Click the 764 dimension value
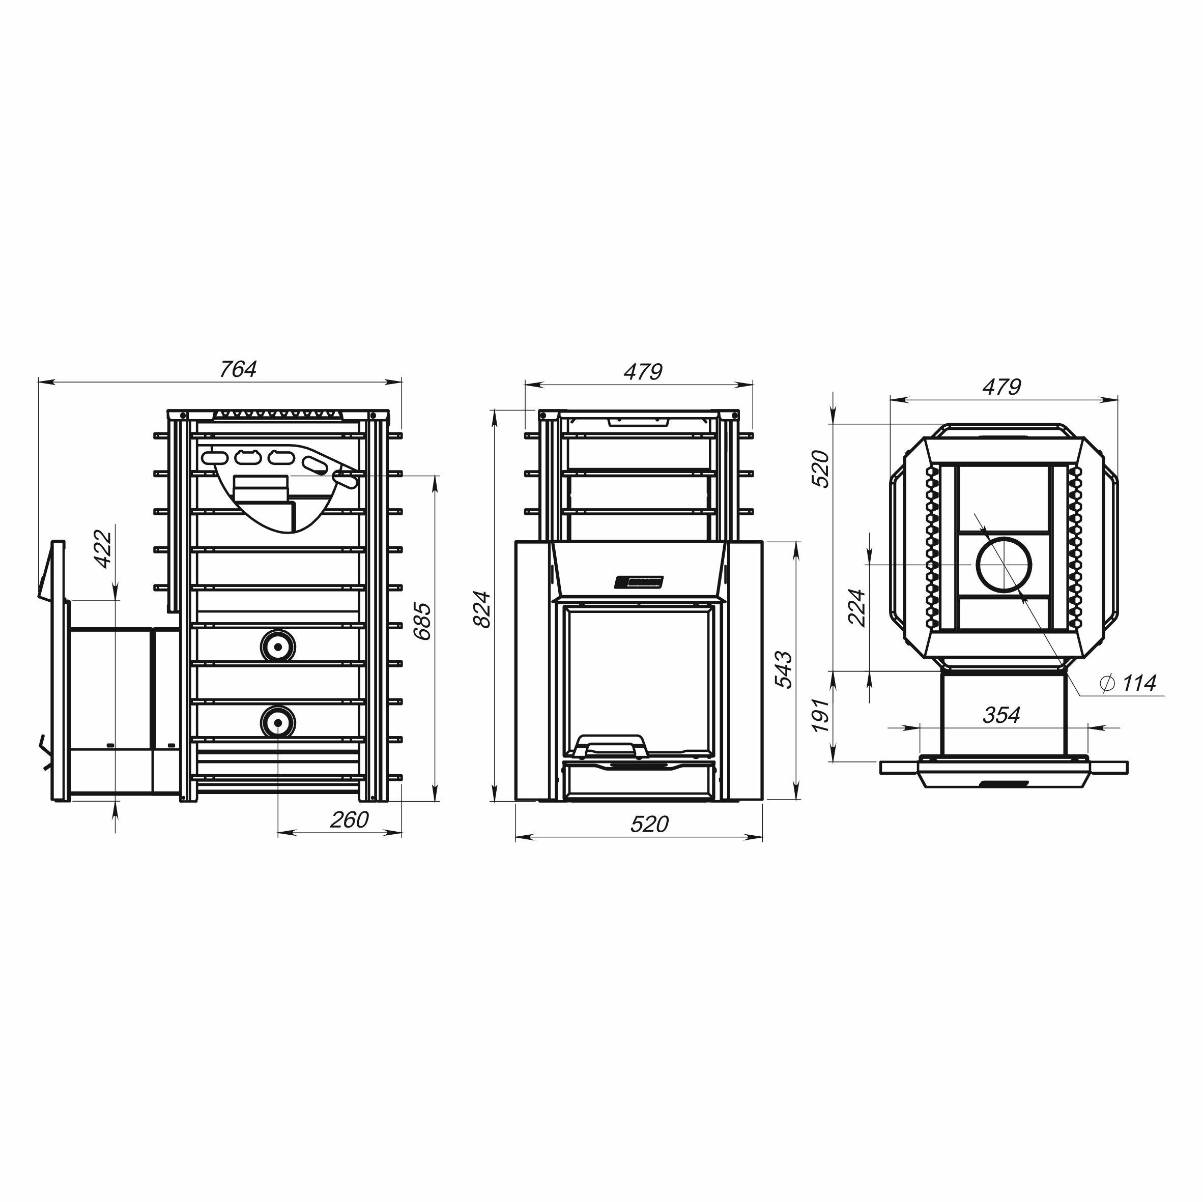coord(238,369)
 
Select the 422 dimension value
coord(103,548)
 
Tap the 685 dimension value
coord(421,621)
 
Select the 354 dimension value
coord(1001,715)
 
